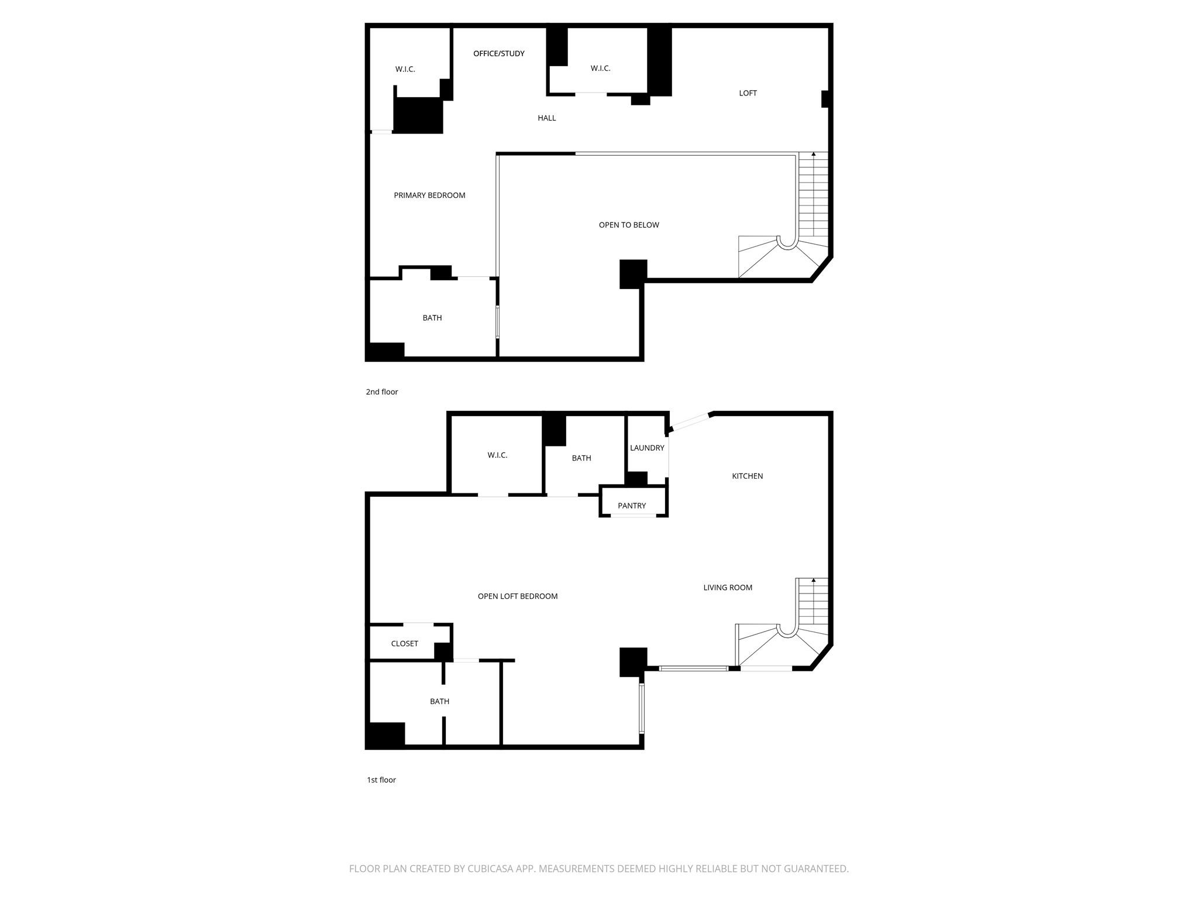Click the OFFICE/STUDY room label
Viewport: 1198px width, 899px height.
coord(499,54)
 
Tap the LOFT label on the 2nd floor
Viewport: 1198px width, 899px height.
coord(748,93)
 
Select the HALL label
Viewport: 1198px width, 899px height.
coord(547,118)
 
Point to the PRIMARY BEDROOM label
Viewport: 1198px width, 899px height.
coord(429,195)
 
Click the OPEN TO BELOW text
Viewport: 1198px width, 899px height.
coord(629,225)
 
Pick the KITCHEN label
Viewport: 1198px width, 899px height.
coord(748,476)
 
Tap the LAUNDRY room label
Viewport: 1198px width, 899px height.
coord(647,448)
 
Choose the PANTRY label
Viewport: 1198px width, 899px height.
coord(632,506)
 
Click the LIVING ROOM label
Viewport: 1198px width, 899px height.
coord(728,588)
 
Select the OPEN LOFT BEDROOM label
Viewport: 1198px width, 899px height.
coord(518,596)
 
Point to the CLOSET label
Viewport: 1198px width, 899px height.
coord(404,644)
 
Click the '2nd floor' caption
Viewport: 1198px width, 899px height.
coord(382,392)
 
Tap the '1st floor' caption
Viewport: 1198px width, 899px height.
coord(381,780)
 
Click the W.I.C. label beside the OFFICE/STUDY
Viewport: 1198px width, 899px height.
coord(600,68)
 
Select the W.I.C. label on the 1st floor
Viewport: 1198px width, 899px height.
coord(497,455)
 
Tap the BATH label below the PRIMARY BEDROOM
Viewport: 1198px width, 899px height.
coord(432,318)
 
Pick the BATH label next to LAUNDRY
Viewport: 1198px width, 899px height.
coord(581,458)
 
